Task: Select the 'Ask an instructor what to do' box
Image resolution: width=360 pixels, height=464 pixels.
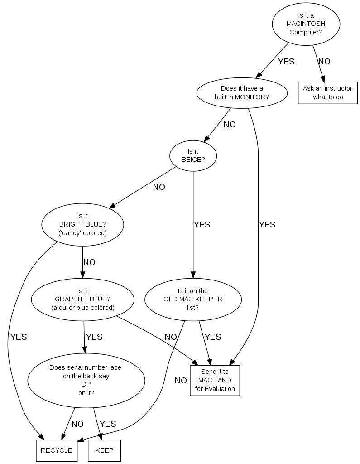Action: tap(327, 93)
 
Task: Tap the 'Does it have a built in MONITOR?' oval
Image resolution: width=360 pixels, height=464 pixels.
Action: tap(242, 93)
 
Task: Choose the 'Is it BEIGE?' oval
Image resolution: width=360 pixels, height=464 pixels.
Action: tap(193, 155)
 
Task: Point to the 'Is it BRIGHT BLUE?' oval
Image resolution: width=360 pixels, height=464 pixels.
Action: tap(82, 225)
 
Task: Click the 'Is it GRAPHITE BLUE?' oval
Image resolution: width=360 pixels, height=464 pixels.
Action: tap(82, 299)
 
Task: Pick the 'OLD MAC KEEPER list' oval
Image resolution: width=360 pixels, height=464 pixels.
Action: tap(193, 299)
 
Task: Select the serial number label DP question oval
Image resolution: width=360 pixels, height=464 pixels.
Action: tap(86, 380)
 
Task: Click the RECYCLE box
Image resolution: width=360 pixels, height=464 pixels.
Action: tap(57, 450)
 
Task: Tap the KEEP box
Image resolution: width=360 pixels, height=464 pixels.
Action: tap(104, 450)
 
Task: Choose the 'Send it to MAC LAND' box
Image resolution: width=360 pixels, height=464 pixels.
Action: tap(215, 380)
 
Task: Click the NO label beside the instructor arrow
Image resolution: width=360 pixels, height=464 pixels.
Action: tap(324, 62)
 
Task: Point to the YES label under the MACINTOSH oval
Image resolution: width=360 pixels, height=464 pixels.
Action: tap(286, 62)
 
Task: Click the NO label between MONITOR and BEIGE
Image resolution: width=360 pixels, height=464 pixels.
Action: tap(230, 125)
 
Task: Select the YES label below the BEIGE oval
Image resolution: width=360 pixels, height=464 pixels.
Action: tap(202, 225)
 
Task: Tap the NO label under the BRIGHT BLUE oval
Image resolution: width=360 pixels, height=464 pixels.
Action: tap(89, 262)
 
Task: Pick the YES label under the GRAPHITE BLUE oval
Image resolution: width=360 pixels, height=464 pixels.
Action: tap(94, 337)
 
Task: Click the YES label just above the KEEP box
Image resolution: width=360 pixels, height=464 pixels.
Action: tap(108, 424)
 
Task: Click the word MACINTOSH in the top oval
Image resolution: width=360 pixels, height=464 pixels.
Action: tap(306, 24)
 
